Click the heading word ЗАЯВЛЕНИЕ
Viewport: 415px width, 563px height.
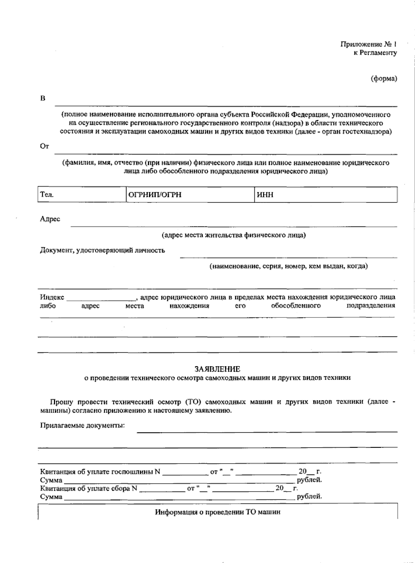[x=217, y=369]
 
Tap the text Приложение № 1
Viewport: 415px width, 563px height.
[x=368, y=44]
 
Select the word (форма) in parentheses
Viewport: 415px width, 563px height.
[x=384, y=79]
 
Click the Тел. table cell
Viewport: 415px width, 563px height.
[x=82, y=195]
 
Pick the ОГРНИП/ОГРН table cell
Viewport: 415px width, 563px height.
[x=190, y=195]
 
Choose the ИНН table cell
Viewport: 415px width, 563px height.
[x=326, y=195]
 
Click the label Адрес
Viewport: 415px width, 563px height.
[x=50, y=219]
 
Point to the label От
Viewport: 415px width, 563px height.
[x=45, y=146]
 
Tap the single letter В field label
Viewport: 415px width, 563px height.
[x=43, y=99]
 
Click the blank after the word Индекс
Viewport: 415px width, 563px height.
[x=101, y=298]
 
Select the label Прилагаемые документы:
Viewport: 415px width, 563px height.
[x=82, y=425]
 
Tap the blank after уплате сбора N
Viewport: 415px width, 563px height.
[x=162, y=489]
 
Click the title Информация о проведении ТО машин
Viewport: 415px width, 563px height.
[x=218, y=512]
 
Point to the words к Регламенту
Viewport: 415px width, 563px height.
[x=375, y=53]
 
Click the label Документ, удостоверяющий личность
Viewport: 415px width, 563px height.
[x=102, y=250]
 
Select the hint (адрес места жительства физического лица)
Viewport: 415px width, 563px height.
[x=234, y=235]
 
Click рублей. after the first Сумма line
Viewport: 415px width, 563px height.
[x=310, y=480]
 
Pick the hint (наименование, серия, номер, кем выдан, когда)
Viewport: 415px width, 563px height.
[x=288, y=266]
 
